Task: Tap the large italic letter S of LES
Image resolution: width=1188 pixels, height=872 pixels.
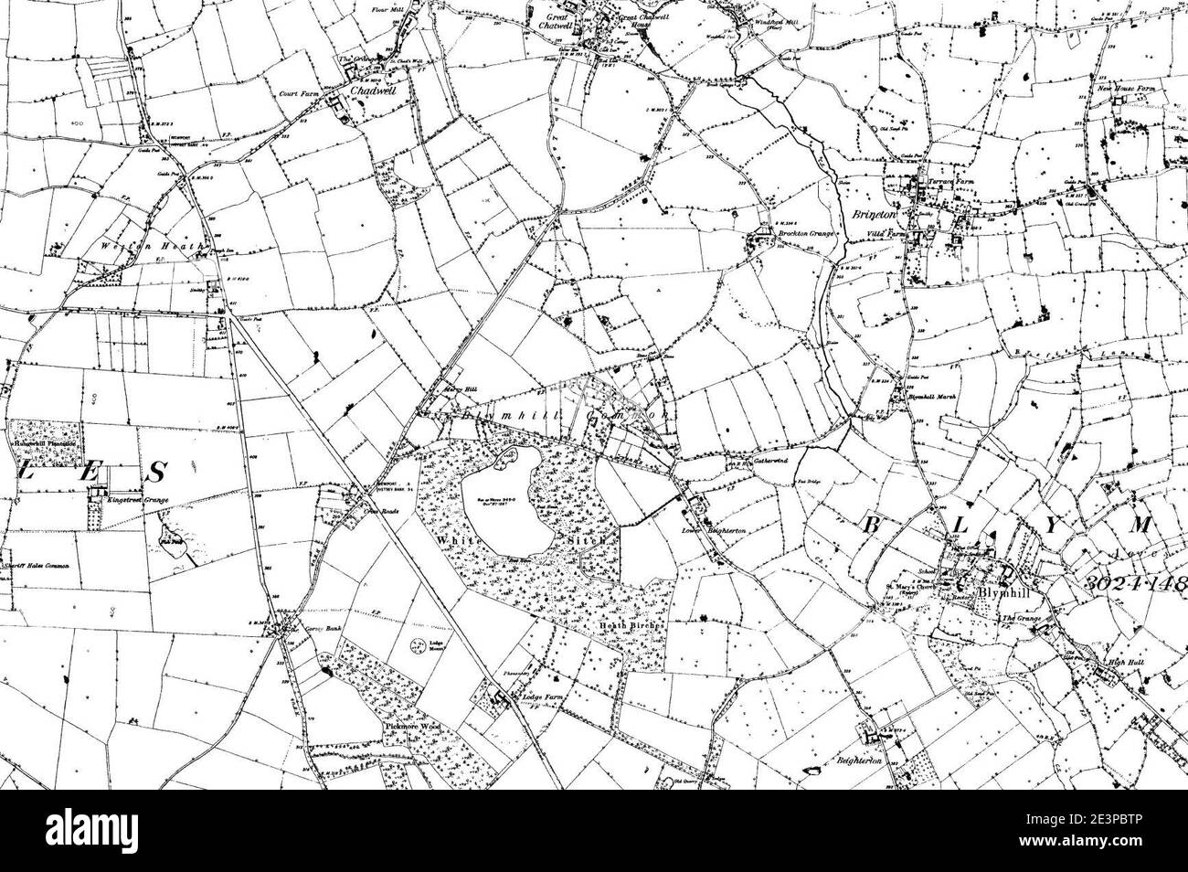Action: pos(157,473)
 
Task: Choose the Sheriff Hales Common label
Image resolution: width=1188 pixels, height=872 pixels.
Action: pos(41,578)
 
